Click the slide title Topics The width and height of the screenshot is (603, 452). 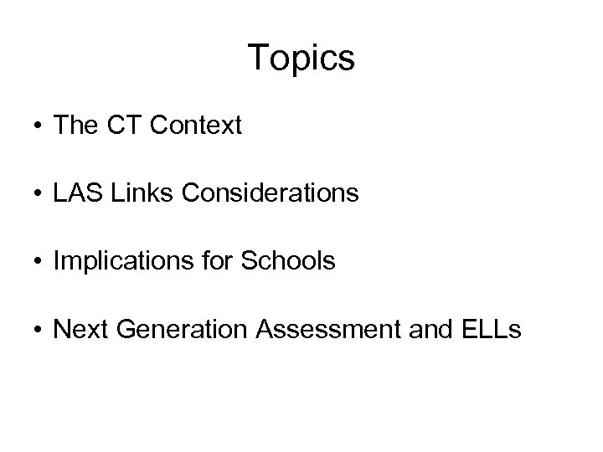[x=301, y=59]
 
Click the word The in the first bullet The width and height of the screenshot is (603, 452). [x=73, y=126]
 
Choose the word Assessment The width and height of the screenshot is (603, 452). [x=323, y=330]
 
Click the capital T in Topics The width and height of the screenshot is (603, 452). [x=258, y=58]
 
